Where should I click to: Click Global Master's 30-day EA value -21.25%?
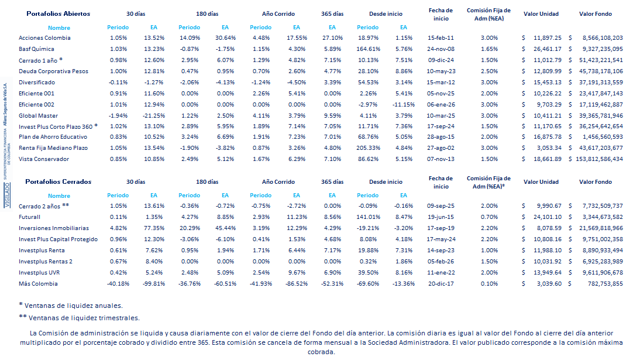(x=154, y=115)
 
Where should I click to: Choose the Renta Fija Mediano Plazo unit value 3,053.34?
(x=546, y=148)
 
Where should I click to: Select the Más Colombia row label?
(x=38, y=283)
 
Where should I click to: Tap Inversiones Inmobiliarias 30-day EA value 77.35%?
(x=154, y=228)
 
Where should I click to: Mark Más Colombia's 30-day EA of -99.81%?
(x=154, y=283)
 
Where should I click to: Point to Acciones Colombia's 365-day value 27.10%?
(x=332, y=37)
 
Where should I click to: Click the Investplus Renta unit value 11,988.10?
(x=546, y=250)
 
